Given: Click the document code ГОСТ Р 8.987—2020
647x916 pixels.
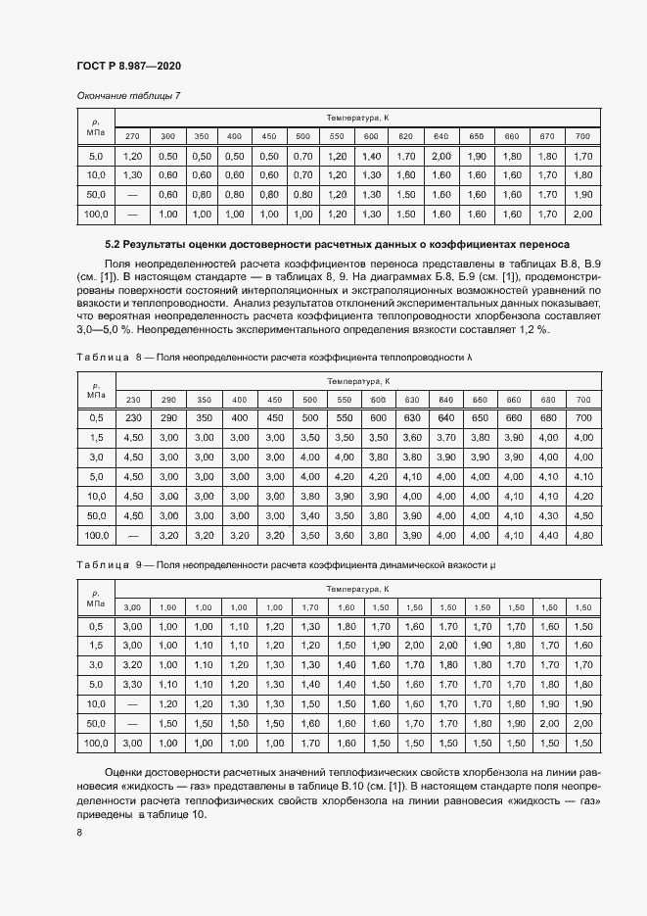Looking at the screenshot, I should point(128,66).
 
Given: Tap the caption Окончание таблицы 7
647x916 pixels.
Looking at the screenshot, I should point(128,95).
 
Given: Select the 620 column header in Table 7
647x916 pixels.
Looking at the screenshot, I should point(405,135).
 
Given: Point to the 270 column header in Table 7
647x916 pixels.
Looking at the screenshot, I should point(133,135).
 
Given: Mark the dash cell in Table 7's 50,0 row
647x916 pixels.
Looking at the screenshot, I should point(133,194).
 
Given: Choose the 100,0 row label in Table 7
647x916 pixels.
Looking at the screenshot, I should point(96,214).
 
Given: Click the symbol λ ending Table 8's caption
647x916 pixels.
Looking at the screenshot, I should point(470,359).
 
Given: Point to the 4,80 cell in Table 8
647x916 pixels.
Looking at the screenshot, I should point(583,535).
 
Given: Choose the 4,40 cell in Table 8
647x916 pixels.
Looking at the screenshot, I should point(548,535).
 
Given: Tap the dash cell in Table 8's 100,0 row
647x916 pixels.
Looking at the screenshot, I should point(133,535).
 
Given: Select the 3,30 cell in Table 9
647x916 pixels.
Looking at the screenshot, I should point(133,684).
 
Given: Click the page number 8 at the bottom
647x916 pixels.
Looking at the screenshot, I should point(79,833).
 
